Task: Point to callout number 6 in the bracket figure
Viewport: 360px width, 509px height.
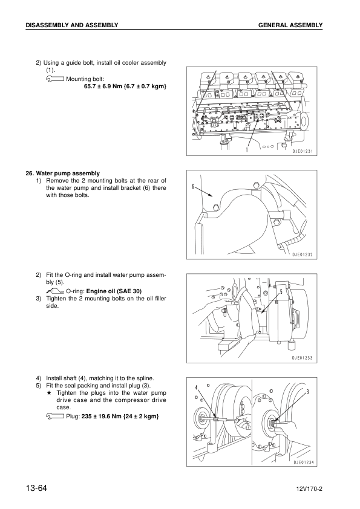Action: pyautogui.click(x=193, y=186)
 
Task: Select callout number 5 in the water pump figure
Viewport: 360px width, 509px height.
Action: pyautogui.click(x=281, y=291)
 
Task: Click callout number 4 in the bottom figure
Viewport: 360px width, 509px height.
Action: pyautogui.click(x=196, y=387)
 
